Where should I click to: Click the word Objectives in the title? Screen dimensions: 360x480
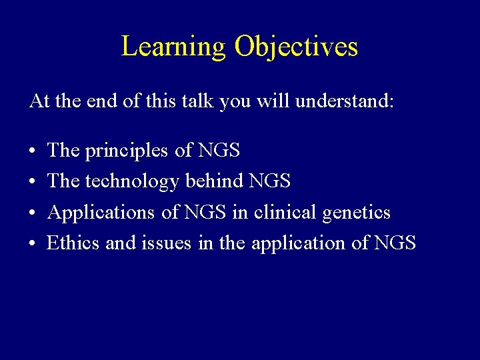coord(297,47)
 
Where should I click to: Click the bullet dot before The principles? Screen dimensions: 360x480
coord(33,151)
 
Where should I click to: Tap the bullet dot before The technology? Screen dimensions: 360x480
coord(33,182)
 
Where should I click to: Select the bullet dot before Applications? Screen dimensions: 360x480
coord(33,213)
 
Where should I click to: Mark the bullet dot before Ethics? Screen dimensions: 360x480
coord(33,244)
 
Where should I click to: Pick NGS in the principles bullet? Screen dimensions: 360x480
coord(219,151)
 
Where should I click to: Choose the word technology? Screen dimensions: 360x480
coord(132,182)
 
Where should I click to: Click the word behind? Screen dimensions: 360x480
coord(214,181)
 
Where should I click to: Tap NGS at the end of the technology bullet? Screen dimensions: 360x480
coord(270,181)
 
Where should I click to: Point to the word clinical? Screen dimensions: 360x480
coord(285,213)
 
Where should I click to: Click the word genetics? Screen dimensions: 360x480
coord(357,213)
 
